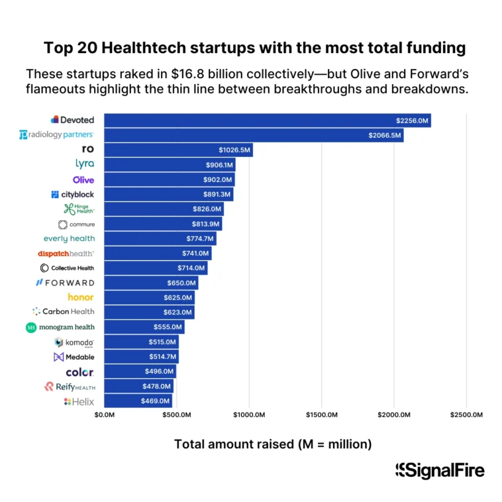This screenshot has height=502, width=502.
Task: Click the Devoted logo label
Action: point(73,120)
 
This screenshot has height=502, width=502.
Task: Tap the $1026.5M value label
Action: point(234,150)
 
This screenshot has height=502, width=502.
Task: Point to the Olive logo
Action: point(83,179)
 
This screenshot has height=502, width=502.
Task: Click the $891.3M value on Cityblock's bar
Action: point(217,194)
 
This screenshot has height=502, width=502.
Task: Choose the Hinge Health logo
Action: point(79,209)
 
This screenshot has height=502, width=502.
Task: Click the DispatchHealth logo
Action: point(66,254)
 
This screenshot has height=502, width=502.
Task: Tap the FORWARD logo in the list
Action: point(65,283)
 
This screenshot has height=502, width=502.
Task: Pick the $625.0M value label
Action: point(177,297)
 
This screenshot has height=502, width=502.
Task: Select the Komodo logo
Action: point(74,342)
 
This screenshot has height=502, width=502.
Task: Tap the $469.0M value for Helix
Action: point(156,401)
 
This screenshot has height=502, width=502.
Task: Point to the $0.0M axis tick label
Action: point(105,415)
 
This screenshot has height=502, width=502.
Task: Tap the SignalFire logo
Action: point(440,471)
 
